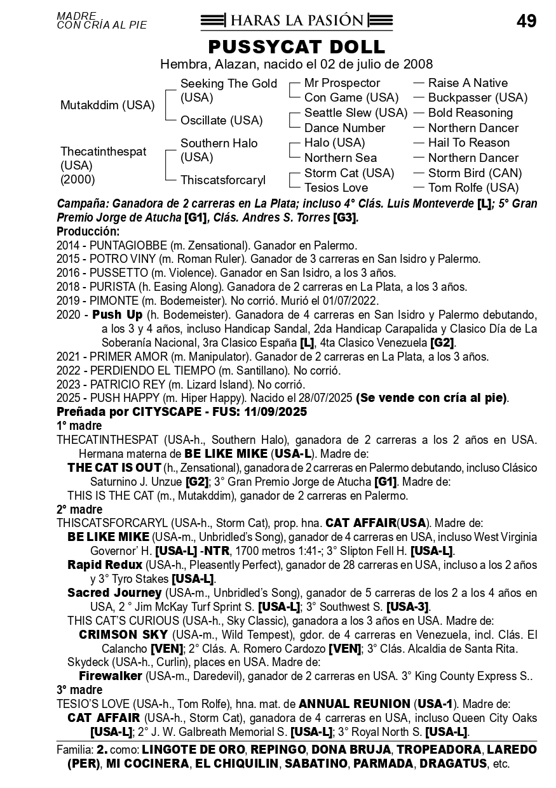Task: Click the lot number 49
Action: (x=526, y=21)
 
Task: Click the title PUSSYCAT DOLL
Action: (x=296, y=46)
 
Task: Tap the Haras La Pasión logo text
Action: (x=297, y=20)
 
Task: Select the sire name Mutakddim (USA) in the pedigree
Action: (x=107, y=105)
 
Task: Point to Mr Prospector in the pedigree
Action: (x=342, y=83)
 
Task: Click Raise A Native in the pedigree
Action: (x=468, y=83)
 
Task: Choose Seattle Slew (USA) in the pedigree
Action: (x=356, y=112)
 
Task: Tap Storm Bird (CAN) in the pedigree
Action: (x=475, y=173)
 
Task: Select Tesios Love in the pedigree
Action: (x=336, y=188)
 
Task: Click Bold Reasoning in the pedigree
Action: (x=470, y=112)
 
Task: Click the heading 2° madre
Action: (x=79, y=509)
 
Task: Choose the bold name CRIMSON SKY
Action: (x=123, y=635)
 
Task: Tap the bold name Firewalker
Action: (x=111, y=676)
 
